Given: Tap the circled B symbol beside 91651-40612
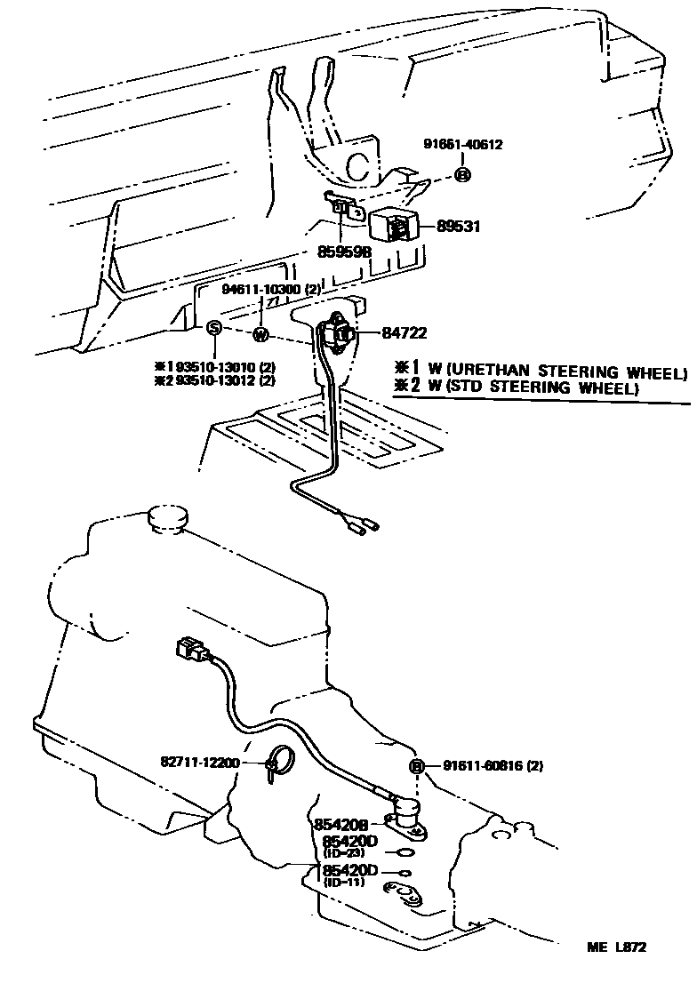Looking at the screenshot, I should [462, 174].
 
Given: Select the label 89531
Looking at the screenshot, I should [458, 227].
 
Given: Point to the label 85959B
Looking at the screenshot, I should [343, 252].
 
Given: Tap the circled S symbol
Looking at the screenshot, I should [213, 328].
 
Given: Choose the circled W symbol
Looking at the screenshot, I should [260, 334].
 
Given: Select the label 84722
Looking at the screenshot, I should [405, 333].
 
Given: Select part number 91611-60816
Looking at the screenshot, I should [481, 765].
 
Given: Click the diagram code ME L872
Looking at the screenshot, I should [616, 947].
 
